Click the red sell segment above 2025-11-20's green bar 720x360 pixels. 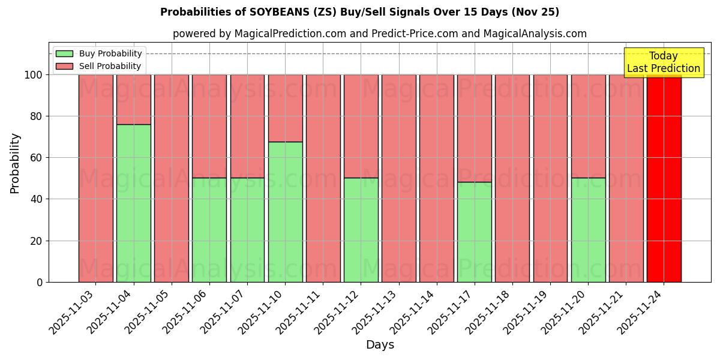[x=588, y=126]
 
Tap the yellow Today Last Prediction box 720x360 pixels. [x=664, y=62]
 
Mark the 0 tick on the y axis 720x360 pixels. [x=39, y=282]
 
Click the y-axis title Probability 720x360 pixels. [x=16, y=163]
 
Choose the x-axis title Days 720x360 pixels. [x=380, y=345]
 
